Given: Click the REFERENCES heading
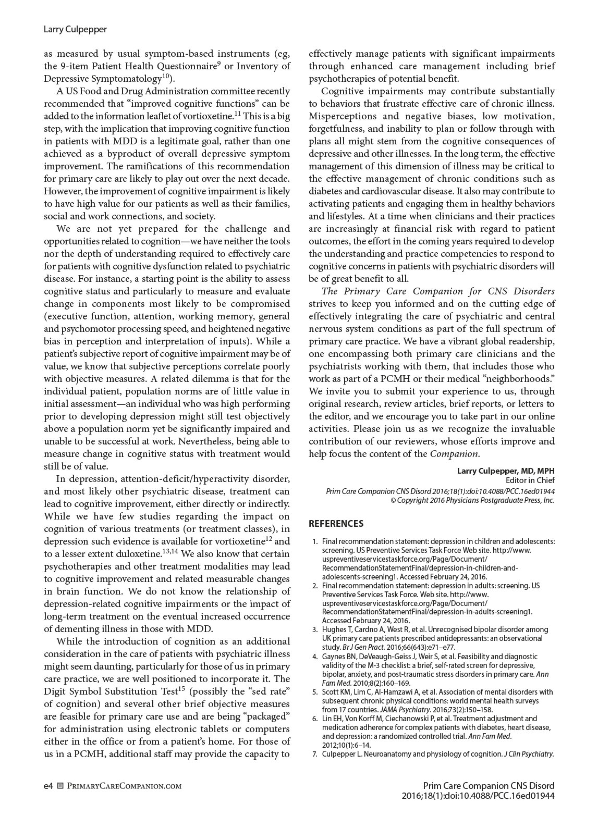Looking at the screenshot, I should pos(336,524).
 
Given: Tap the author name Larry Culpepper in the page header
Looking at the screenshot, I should pos(75,29).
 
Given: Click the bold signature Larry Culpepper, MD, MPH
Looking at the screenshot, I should pos(506,471).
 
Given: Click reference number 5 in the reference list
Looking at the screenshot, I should pos(315,692).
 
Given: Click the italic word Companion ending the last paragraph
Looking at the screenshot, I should pos(454,454).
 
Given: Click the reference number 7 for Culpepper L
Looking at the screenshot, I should pos(315,754).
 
